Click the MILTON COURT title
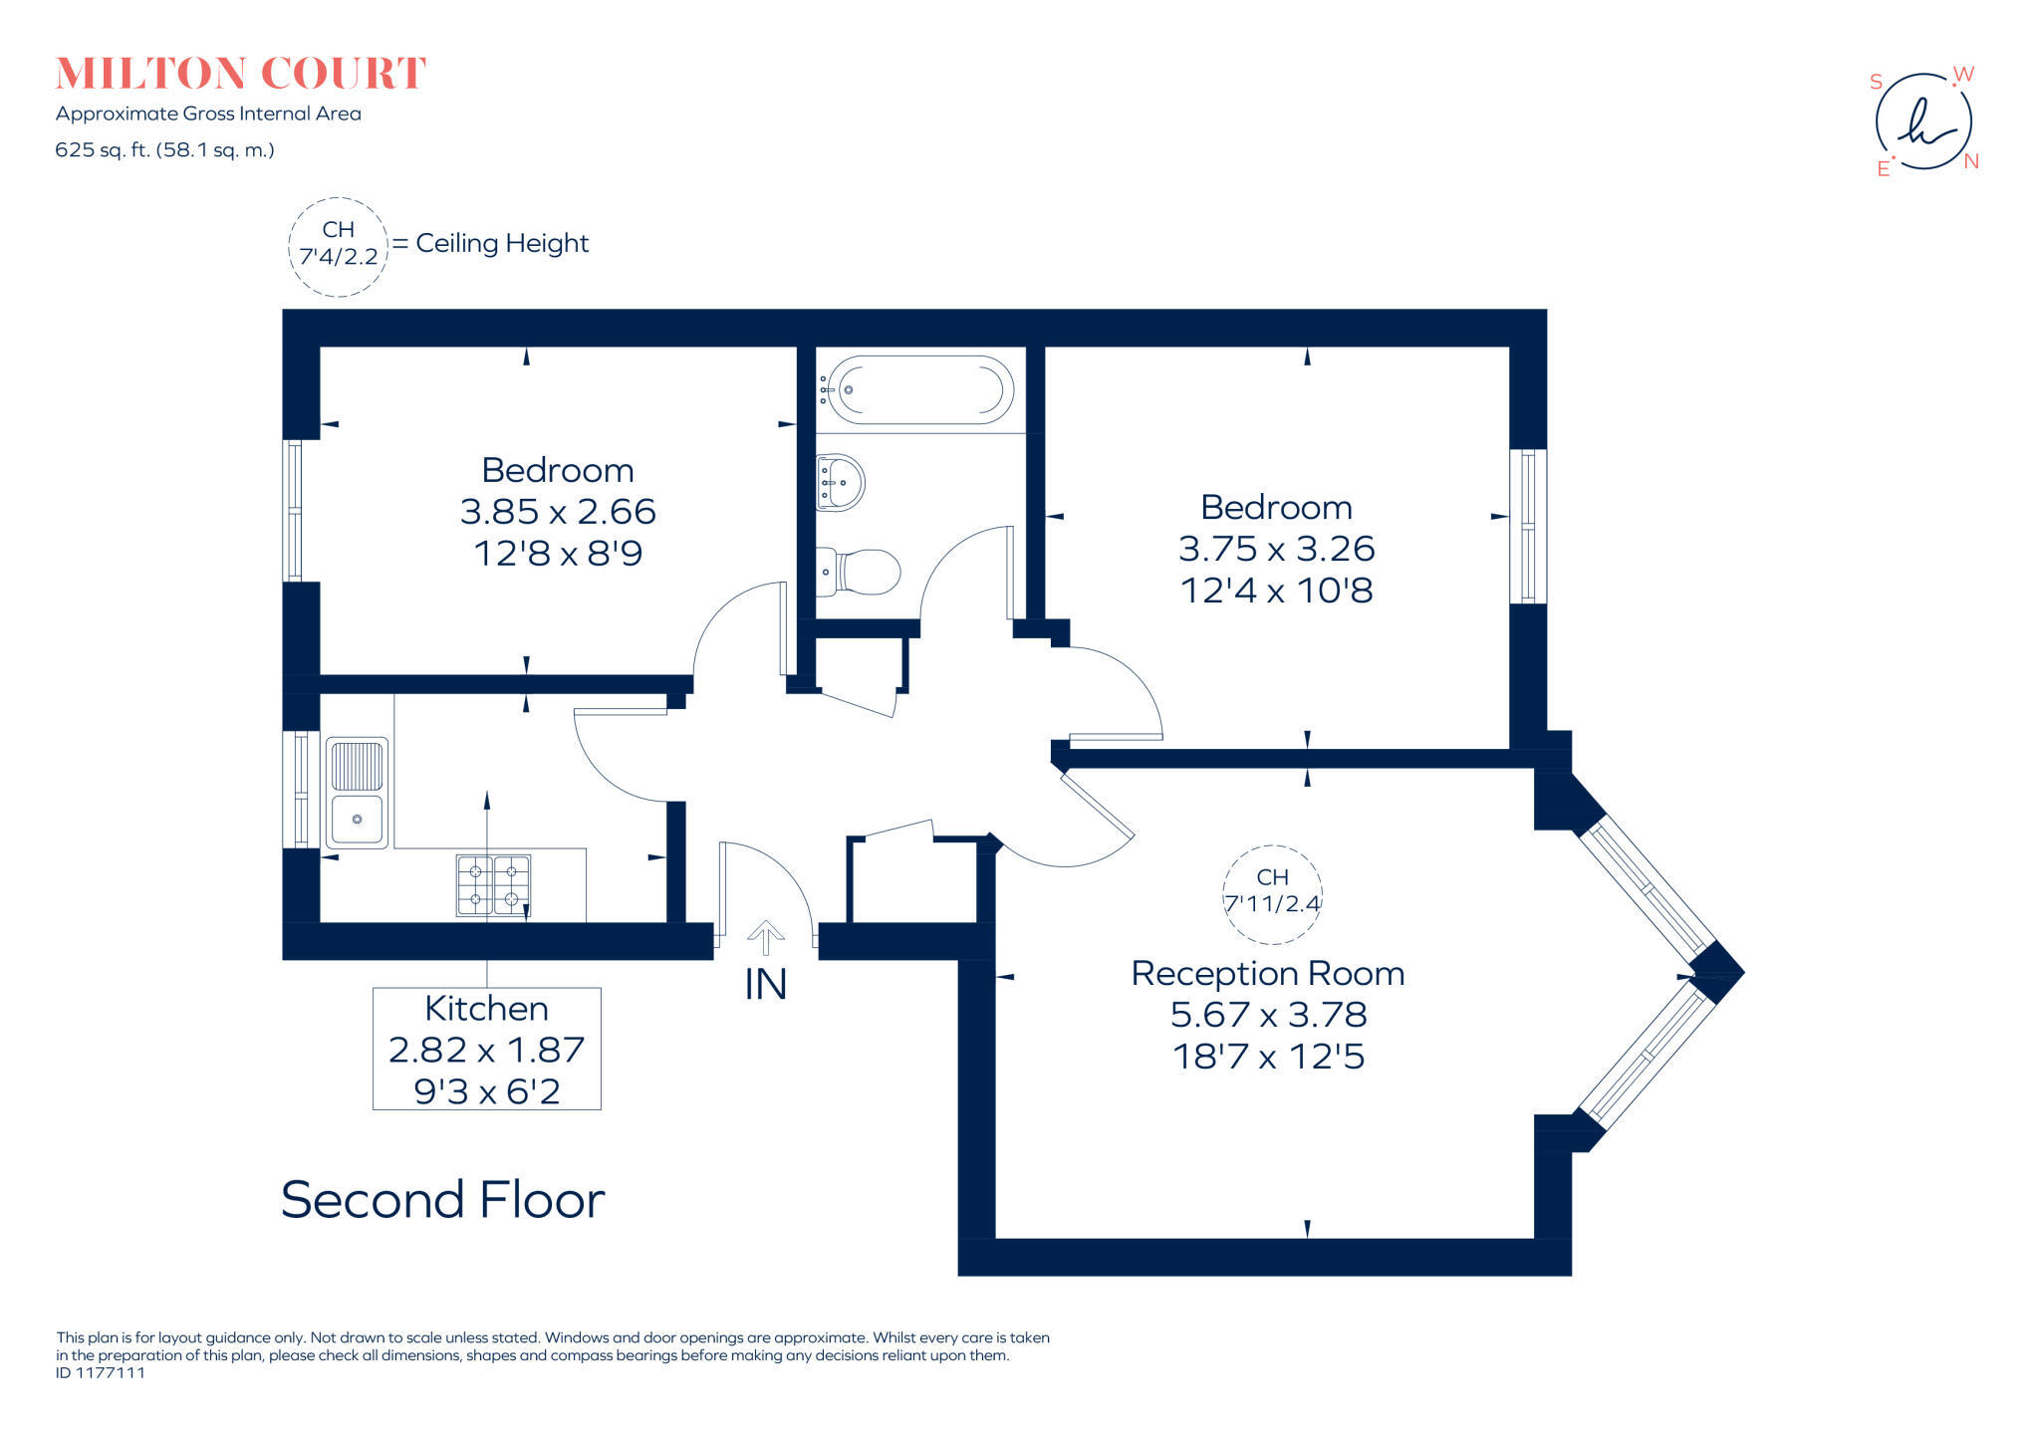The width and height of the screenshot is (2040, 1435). coord(240,74)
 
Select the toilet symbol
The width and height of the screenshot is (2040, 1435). coord(861,572)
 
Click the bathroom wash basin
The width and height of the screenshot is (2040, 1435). coord(840,483)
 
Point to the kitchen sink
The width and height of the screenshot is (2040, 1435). coord(357,793)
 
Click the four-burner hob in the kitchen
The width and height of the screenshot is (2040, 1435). coord(493,884)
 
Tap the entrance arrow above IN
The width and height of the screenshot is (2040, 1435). coord(765,937)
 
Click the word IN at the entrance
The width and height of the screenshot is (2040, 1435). coord(765,985)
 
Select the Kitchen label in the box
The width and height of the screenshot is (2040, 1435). coord(486,1009)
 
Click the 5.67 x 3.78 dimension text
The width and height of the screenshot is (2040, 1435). coord(1268,1015)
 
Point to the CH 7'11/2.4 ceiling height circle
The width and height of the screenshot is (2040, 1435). coord(1272,892)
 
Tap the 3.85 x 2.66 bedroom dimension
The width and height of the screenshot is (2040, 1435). coord(558,512)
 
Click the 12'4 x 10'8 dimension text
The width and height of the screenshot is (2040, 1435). coord(1276,591)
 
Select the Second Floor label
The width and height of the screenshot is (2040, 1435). coord(442,1200)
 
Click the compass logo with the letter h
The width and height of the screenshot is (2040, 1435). coord(1923,122)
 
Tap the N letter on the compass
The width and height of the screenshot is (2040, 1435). coord(1971,161)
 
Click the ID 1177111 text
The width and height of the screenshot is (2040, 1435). coord(101,1373)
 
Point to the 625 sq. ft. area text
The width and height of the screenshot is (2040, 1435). coord(164,150)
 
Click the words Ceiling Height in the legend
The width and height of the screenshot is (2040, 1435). coord(502,244)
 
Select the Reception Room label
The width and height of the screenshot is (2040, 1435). coord(1267,974)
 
